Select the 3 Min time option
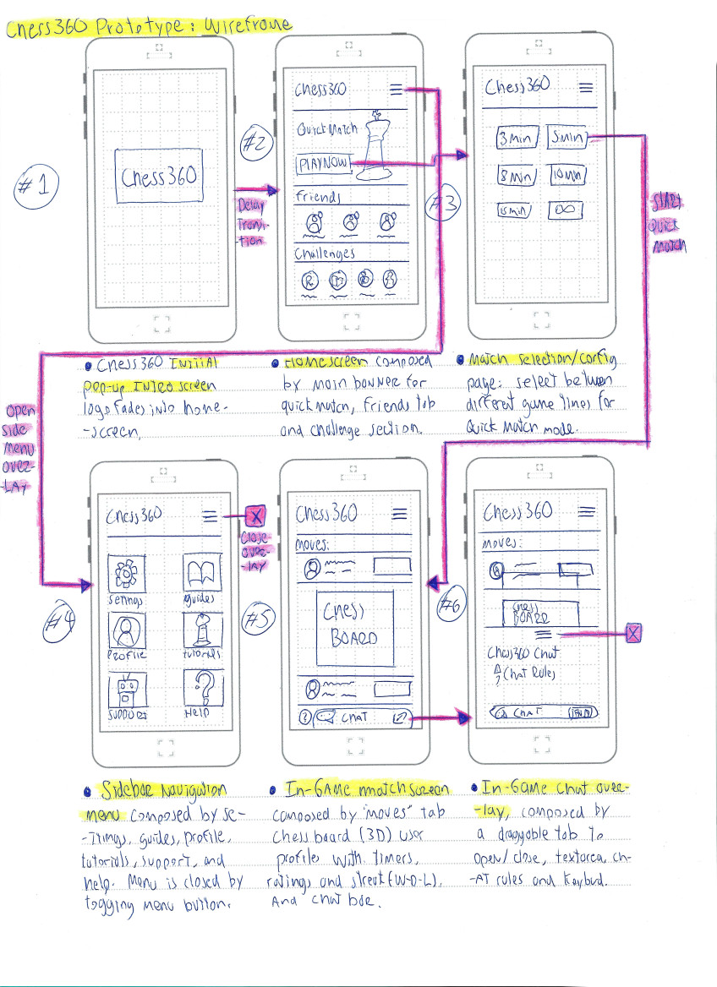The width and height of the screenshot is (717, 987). click(x=514, y=139)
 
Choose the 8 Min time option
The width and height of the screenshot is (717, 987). click(x=514, y=176)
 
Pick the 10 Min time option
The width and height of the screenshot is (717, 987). click(x=567, y=176)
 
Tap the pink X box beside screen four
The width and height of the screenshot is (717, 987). click(x=255, y=515)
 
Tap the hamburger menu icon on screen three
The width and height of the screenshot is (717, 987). click(x=585, y=87)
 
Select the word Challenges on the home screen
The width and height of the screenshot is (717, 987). click(x=326, y=253)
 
